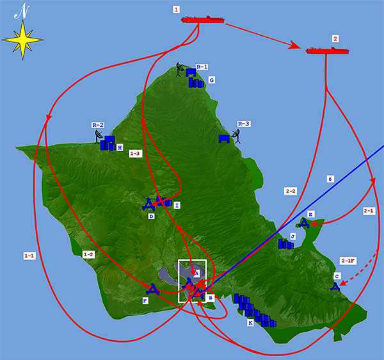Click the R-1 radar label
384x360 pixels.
click(202, 67)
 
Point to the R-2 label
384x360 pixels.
click(98, 125)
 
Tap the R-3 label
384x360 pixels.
click(243, 124)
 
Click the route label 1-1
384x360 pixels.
click(29, 256)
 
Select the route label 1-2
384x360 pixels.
click(89, 254)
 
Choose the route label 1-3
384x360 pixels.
click(134, 154)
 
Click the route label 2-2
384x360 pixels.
click(290, 191)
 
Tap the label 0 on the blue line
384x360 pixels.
click(330, 179)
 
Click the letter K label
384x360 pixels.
click(250, 323)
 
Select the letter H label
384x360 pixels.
click(120, 147)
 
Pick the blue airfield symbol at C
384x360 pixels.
click(335, 285)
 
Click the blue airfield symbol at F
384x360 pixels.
click(152, 289)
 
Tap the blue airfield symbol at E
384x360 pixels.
click(305, 222)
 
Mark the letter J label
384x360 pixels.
click(292, 236)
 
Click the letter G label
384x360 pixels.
click(211, 80)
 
